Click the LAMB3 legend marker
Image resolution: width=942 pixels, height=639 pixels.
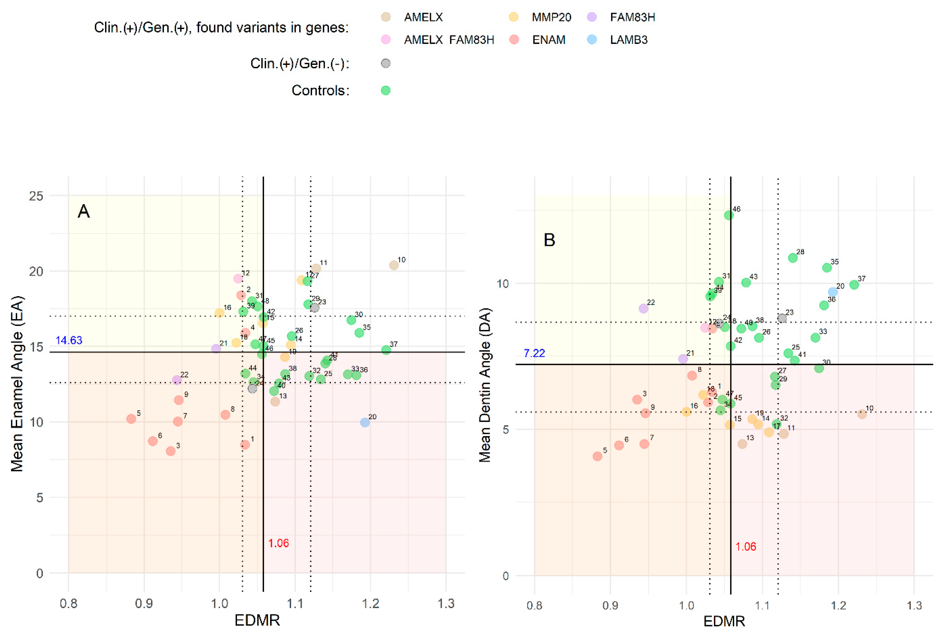point(592,39)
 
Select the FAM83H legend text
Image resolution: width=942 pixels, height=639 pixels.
point(632,17)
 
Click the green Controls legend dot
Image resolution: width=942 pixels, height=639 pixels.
point(385,90)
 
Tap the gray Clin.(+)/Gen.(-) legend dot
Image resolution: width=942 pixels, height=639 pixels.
point(385,63)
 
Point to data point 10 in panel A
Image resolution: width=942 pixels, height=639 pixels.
point(394,265)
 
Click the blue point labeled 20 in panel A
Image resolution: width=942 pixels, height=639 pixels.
point(365,422)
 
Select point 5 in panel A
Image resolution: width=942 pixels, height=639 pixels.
point(131,418)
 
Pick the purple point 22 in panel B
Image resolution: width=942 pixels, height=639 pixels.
point(643,308)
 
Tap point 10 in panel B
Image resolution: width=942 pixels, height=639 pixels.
point(862,414)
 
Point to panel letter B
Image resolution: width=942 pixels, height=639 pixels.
point(549,240)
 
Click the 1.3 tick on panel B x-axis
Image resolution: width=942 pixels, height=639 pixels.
point(914,605)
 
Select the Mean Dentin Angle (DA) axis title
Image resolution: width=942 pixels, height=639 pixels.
point(485,385)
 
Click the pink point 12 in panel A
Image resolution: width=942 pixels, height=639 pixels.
point(238,278)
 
